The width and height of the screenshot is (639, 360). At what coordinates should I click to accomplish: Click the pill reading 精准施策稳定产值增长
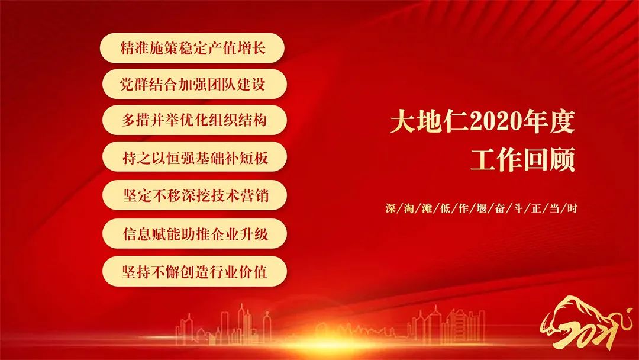point(192,48)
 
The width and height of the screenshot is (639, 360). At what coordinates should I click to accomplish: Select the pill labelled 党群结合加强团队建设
point(195,84)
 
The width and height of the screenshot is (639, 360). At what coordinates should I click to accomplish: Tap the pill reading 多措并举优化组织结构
point(195,120)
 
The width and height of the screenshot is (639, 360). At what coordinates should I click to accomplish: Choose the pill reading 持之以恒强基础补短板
point(195,157)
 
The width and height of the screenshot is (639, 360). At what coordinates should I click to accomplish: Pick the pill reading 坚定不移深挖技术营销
point(195,195)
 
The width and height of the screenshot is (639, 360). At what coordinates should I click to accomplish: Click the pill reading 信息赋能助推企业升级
point(195,234)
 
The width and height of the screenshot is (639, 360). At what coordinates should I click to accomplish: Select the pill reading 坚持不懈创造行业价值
point(195,272)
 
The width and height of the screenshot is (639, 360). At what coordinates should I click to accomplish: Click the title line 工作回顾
point(523,159)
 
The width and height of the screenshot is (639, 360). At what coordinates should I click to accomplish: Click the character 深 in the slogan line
point(390,208)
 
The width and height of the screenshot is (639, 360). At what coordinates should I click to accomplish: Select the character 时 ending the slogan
point(572,208)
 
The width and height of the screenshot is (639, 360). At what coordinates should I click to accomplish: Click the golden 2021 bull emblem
point(586,323)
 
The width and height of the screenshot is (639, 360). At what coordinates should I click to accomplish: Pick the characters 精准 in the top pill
point(134,48)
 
